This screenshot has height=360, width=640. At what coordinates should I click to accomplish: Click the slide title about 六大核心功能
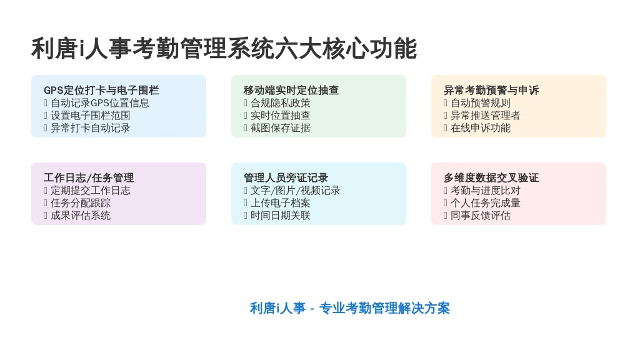[224, 49]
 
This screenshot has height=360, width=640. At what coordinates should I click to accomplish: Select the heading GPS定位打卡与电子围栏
[101, 90]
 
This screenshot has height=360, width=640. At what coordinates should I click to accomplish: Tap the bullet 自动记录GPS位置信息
[96, 103]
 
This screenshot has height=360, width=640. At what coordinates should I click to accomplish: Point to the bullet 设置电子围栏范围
[87, 116]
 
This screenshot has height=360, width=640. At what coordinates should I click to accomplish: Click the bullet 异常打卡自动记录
[87, 128]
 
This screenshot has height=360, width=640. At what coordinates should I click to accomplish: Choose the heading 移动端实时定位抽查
[291, 90]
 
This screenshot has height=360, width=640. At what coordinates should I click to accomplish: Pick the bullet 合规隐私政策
[277, 103]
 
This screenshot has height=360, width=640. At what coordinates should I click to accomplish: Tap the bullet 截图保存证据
[277, 128]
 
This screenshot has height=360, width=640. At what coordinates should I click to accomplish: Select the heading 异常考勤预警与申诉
[491, 90]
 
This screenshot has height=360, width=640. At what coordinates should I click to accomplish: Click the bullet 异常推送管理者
[482, 116]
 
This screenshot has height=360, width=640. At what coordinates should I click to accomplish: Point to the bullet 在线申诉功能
[477, 128]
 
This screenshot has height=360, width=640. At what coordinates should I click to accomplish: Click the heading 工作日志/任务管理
[89, 177]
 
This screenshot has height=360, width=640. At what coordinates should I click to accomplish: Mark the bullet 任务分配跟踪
[77, 203]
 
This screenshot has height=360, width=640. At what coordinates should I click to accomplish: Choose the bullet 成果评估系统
[77, 216]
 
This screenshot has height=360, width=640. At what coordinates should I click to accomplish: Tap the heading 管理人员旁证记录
[286, 177]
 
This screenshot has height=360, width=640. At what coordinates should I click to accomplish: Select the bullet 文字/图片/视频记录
[292, 190]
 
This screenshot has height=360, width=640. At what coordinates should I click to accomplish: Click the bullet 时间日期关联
[277, 216]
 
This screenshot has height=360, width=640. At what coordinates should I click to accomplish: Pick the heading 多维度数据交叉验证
[491, 177]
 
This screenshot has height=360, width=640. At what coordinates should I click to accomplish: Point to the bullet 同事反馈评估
[477, 216]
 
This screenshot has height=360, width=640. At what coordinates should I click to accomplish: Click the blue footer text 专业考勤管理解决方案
[384, 308]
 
